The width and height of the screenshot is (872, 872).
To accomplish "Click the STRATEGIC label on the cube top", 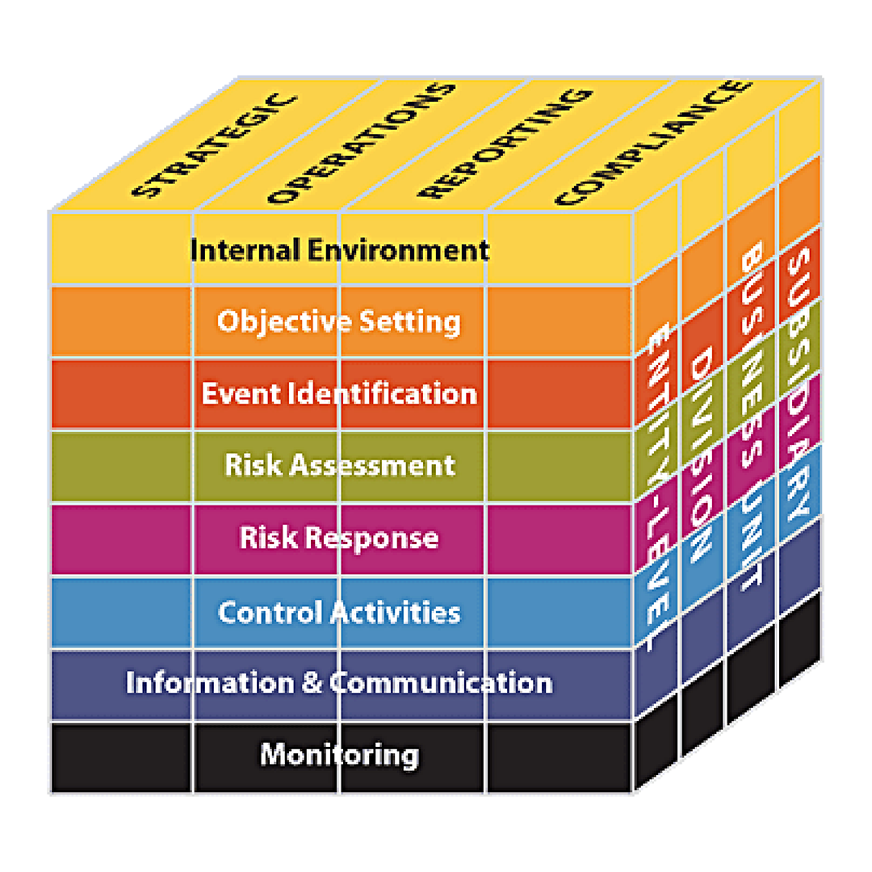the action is point(215,146).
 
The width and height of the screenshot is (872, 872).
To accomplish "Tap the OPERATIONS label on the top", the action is point(362,144).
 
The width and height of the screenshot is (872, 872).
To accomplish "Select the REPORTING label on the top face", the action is point(505,144).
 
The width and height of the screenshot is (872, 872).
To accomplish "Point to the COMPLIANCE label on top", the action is point(654,143).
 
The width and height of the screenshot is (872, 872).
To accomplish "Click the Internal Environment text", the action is point(339,250).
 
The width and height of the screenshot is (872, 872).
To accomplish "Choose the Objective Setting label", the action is point(338,322).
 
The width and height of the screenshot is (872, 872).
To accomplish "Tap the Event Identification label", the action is point(339,394).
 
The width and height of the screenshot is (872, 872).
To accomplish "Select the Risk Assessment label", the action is point(340,465).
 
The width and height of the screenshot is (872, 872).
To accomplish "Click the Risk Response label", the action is point(338,539).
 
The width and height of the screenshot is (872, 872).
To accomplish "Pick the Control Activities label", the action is point(339,612).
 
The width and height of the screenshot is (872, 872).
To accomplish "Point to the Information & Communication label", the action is point(339,683).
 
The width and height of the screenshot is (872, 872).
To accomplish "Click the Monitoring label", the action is point(339,755).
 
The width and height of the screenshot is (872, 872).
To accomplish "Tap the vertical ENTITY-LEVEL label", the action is point(660,487).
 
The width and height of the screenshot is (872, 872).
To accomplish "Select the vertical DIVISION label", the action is point(701,454).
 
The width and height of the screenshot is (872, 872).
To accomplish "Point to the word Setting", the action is point(410,322).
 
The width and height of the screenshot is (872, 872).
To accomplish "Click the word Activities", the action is point(396,612).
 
